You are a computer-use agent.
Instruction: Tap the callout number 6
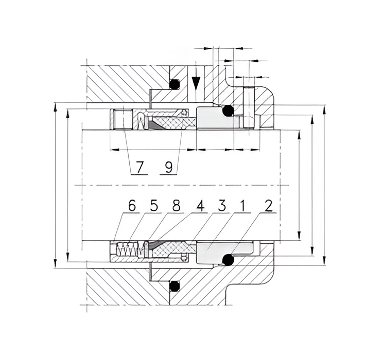(x=132, y=206)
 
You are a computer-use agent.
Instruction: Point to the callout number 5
(x=153, y=206)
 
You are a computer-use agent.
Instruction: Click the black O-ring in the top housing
(x=175, y=83)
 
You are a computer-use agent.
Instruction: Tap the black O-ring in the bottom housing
(x=175, y=285)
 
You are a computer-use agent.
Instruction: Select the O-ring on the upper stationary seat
(x=228, y=111)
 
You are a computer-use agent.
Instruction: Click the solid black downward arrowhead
(x=196, y=83)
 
